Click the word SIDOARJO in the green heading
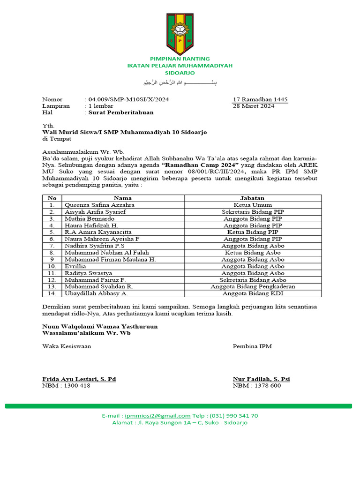180,73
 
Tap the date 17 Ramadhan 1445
260,99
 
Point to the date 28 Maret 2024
254,106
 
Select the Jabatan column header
253,198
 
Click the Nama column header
123,198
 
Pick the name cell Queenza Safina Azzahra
100,205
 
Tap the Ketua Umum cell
253,205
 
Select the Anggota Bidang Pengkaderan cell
253,286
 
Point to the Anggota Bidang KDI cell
253,293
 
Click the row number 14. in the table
52,293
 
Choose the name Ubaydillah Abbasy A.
96,293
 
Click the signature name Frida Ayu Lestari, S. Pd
79,379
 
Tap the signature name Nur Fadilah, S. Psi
261,379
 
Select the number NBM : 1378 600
257,385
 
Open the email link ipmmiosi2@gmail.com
157,415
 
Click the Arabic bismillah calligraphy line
180,83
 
